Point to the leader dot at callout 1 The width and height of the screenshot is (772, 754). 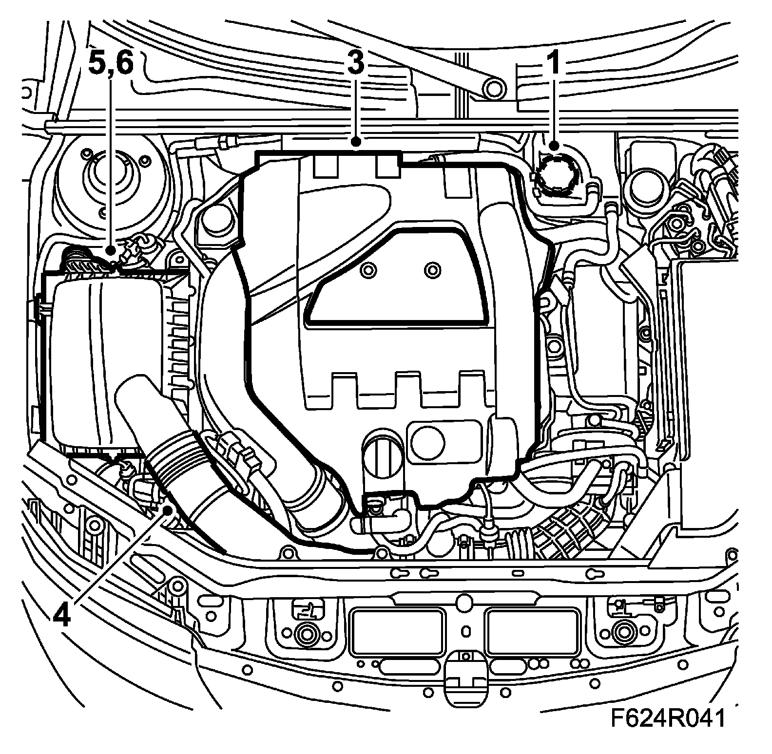point(554,145)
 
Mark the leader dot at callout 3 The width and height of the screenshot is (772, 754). point(357,142)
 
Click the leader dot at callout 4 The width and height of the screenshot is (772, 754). point(169,510)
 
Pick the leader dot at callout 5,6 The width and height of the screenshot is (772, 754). point(111,250)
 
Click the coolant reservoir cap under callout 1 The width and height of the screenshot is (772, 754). point(555,174)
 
